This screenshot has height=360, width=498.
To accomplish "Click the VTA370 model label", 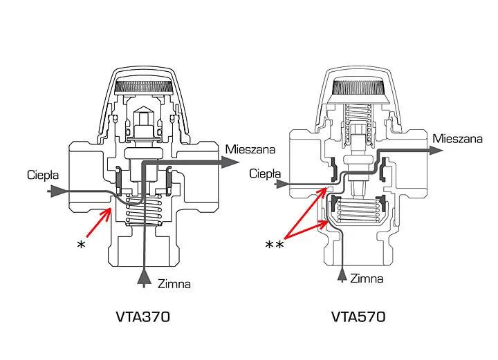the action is pyautogui.click(x=143, y=316).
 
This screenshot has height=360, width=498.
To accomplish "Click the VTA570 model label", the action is pyautogui.click(x=358, y=316).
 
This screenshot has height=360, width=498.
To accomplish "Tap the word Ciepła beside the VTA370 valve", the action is pyautogui.click(x=43, y=175).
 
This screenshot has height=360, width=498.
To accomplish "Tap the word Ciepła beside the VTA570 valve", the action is pyautogui.click(x=265, y=173).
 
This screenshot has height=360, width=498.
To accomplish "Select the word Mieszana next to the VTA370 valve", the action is pyautogui.click(x=250, y=149).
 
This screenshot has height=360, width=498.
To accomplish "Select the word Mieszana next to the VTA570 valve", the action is pyautogui.click(x=458, y=139).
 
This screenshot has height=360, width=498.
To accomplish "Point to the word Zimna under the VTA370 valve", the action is pyautogui.click(x=174, y=284).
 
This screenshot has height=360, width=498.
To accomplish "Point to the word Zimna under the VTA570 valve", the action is pyautogui.click(x=367, y=278).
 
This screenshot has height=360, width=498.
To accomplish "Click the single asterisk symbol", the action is pyautogui.click(x=81, y=245).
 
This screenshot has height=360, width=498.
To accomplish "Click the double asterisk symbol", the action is pyautogui.click(x=274, y=245).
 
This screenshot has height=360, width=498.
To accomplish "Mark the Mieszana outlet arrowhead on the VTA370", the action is pyautogui.click(x=230, y=162).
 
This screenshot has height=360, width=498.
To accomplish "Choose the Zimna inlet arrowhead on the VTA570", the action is pyautogui.click(x=342, y=275).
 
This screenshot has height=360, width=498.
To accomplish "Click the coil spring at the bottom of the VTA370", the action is pyautogui.click(x=143, y=209).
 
